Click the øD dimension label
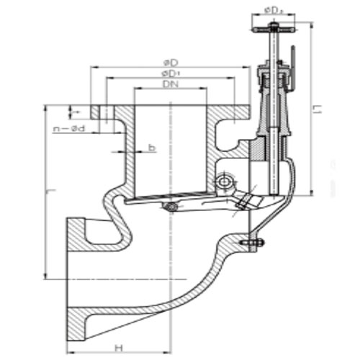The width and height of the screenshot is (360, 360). click(170, 63)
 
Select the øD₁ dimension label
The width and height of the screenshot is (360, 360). click(170, 73)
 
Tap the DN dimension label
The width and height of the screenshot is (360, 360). click(170, 84)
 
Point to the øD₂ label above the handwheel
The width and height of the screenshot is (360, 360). click(273, 10)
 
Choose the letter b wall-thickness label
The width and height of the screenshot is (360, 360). click(152, 148)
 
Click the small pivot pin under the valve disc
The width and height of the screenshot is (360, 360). click(171, 208)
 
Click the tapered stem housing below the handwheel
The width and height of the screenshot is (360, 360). click(274, 108)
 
